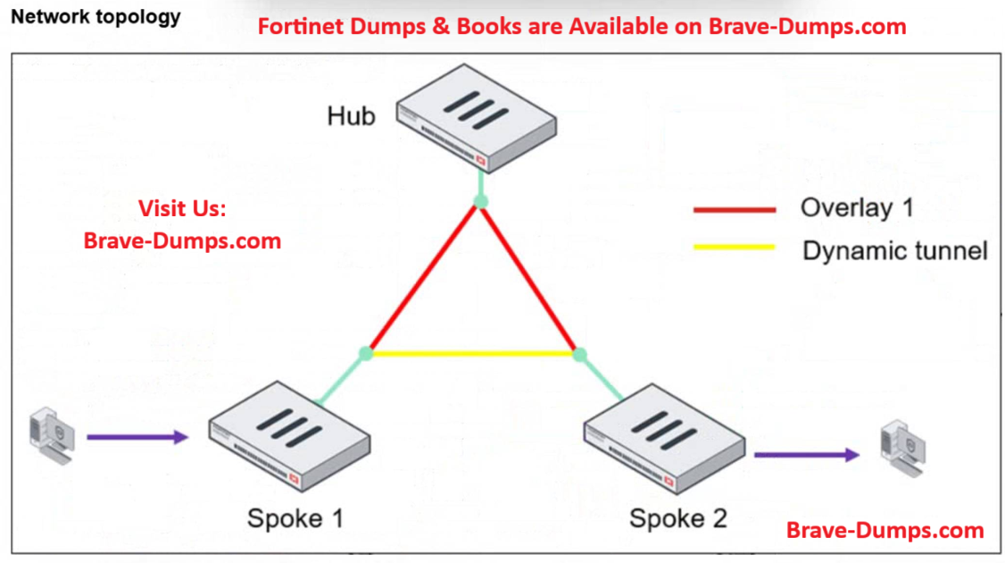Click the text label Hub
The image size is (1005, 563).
click(351, 116)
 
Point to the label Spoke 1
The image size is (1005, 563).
click(295, 517)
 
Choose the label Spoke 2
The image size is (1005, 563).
click(678, 517)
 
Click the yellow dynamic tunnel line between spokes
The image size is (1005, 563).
click(473, 354)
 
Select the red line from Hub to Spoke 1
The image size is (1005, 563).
click(422, 278)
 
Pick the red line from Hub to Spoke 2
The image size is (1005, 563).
click(530, 278)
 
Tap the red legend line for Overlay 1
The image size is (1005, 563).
click(735, 210)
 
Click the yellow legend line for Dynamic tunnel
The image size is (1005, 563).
click(735, 246)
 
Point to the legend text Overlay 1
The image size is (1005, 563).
click(857, 208)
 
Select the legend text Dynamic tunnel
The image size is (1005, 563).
click(894, 250)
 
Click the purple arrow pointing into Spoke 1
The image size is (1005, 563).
click(138, 437)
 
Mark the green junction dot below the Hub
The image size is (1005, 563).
click(481, 202)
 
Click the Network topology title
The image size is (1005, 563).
click(96, 17)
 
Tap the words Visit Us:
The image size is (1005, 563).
click(182, 209)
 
